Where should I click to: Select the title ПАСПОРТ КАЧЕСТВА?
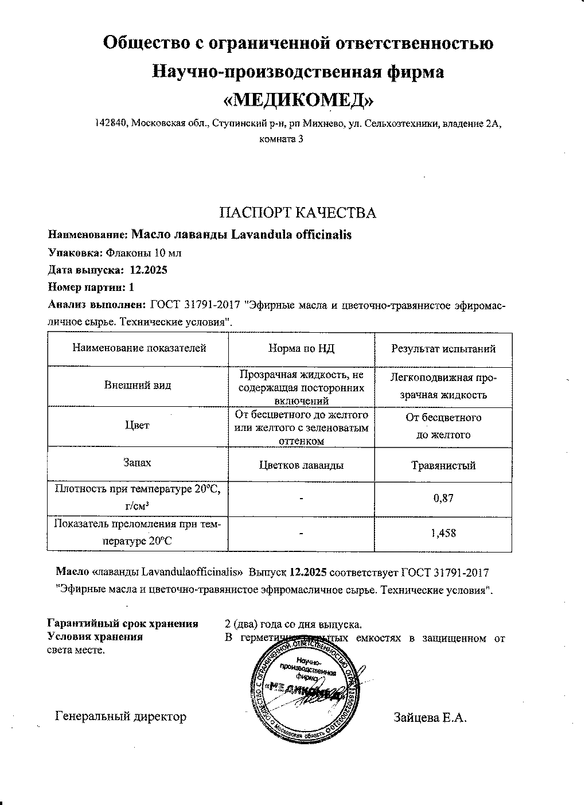[298, 213]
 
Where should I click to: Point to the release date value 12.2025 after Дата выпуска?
[149, 270]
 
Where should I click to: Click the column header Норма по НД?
[301, 348]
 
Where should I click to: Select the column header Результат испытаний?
[443, 348]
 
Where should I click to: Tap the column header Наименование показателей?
[139, 348]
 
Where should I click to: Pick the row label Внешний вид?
[138, 386]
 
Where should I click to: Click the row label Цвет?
[137, 425]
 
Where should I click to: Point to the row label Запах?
[137, 462]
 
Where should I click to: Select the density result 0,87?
[443, 498]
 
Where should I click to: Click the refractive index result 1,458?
[443, 533]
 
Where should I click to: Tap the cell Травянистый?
[443, 465]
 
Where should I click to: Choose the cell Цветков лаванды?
[301, 465]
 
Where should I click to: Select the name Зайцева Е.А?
[430, 717]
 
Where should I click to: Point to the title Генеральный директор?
[121, 717]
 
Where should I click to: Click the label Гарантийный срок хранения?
[123, 624]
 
